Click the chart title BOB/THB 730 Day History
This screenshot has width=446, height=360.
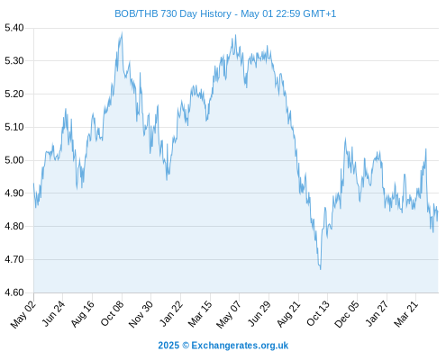click(x=173, y=13)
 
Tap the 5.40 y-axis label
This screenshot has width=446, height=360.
click(x=14, y=28)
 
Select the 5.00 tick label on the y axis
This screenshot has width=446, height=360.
click(x=14, y=160)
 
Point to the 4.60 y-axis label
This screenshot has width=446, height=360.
click(x=14, y=292)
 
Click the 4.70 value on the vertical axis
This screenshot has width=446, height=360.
click(x=14, y=259)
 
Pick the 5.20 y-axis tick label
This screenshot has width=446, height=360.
click(x=14, y=94)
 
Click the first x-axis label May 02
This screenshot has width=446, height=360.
click(x=23, y=314)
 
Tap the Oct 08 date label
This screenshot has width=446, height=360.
click(x=112, y=314)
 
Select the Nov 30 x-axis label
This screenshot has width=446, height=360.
click(x=141, y=314)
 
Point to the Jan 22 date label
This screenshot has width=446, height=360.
click(x=171, y=314)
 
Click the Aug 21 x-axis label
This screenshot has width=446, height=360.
click(x=288, y=314)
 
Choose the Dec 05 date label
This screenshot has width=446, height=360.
click(x=347, y=314)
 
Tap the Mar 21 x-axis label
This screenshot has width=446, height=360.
click(x=405, y=314)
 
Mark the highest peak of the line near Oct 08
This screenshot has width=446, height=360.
click(x=122, y=32)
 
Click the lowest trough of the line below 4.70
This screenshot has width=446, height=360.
click(x=321, y=269)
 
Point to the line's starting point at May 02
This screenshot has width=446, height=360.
click(x=33, y=184)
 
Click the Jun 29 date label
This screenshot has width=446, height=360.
click(x=259, y=314)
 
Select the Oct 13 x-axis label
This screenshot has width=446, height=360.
click(x=318, y=314)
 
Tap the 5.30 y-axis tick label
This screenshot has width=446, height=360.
click(x=14, y=61)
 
